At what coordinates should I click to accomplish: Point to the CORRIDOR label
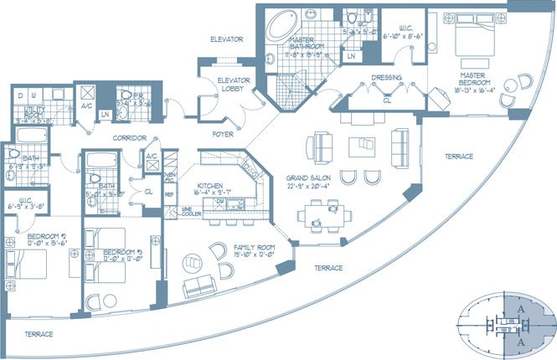(x=131, y=137)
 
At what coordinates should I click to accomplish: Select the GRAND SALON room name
(x=310, y=177)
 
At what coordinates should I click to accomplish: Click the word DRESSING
(x=386, y=79)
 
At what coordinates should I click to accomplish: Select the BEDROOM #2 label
(x=39, y=237)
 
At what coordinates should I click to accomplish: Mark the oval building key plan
(x=503, y=322)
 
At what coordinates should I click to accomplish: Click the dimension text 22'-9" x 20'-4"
(x=311, y=188)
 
